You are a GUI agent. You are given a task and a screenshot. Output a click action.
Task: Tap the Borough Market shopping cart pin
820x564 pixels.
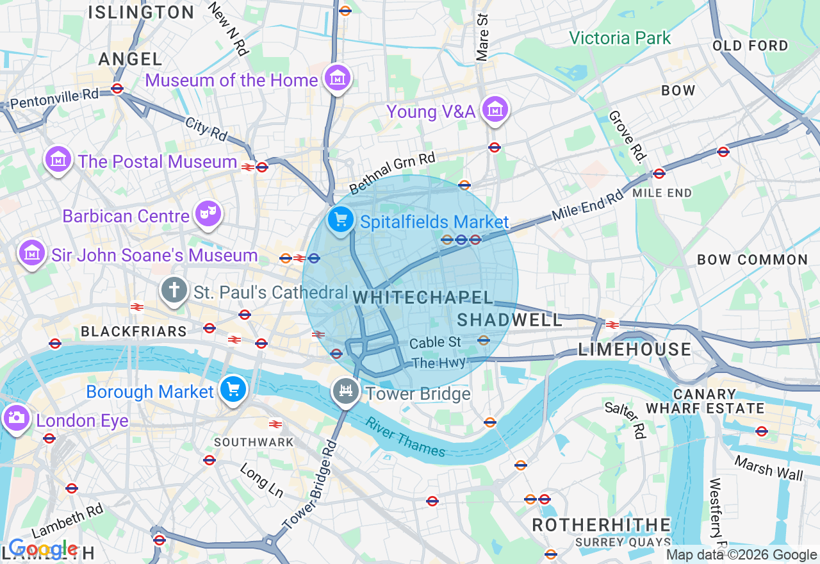tap(233, 388)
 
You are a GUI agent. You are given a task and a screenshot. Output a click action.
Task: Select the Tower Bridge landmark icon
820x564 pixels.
tap(346, 390)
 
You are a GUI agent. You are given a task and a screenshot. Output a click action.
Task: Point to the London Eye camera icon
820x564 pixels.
tap(15, 418)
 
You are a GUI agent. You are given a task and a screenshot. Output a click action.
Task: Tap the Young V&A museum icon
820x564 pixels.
tap(495, 110)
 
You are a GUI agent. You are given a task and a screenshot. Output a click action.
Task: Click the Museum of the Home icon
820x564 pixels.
tap(337, 78)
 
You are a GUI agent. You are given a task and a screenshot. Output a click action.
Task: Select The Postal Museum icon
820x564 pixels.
tap(58, 159)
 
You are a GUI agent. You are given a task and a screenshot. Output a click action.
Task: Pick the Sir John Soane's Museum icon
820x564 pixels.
tap(31, 253)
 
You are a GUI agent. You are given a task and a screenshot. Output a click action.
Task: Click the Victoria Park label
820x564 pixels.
tap(619, 38)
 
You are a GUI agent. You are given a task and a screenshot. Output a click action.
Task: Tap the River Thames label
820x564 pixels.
tap(405, 438)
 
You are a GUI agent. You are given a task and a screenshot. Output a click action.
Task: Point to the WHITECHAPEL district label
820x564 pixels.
tap(423, 297)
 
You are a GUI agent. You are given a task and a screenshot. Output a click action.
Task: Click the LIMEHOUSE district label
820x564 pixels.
tap(634, 349)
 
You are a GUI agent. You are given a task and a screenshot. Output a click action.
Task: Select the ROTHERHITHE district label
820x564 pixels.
tap(601, 525)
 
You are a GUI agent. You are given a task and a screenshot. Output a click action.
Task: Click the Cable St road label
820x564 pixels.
tap(435, 342)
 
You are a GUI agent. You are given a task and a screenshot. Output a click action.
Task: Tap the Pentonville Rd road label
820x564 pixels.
tap(54, 99)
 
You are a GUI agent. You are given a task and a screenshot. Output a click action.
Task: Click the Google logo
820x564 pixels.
tap(42, 549)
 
